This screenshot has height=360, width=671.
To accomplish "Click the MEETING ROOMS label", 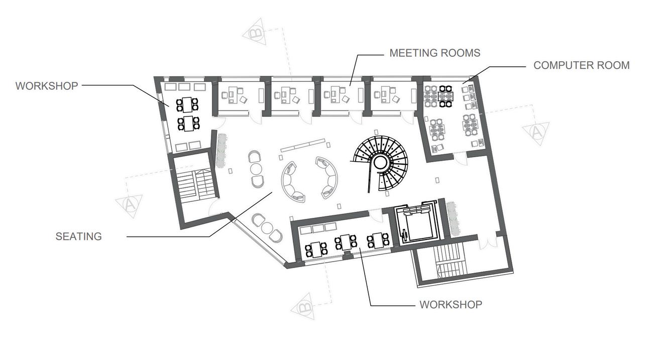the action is (435, 53).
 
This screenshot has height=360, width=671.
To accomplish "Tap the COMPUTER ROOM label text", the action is (581, 65).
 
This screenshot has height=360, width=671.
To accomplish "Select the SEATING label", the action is (78, 236).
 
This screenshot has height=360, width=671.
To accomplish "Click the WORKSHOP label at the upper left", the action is (47, 86).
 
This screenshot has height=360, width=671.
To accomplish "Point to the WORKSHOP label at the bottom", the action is (451, 304).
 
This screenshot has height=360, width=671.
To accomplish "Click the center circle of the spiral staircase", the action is (379, 162).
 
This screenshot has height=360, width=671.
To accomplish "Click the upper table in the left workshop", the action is (187, 104).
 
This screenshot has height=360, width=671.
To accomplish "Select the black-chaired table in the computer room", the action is (445, 96).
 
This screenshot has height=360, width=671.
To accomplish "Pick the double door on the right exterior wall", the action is (487, 244).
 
